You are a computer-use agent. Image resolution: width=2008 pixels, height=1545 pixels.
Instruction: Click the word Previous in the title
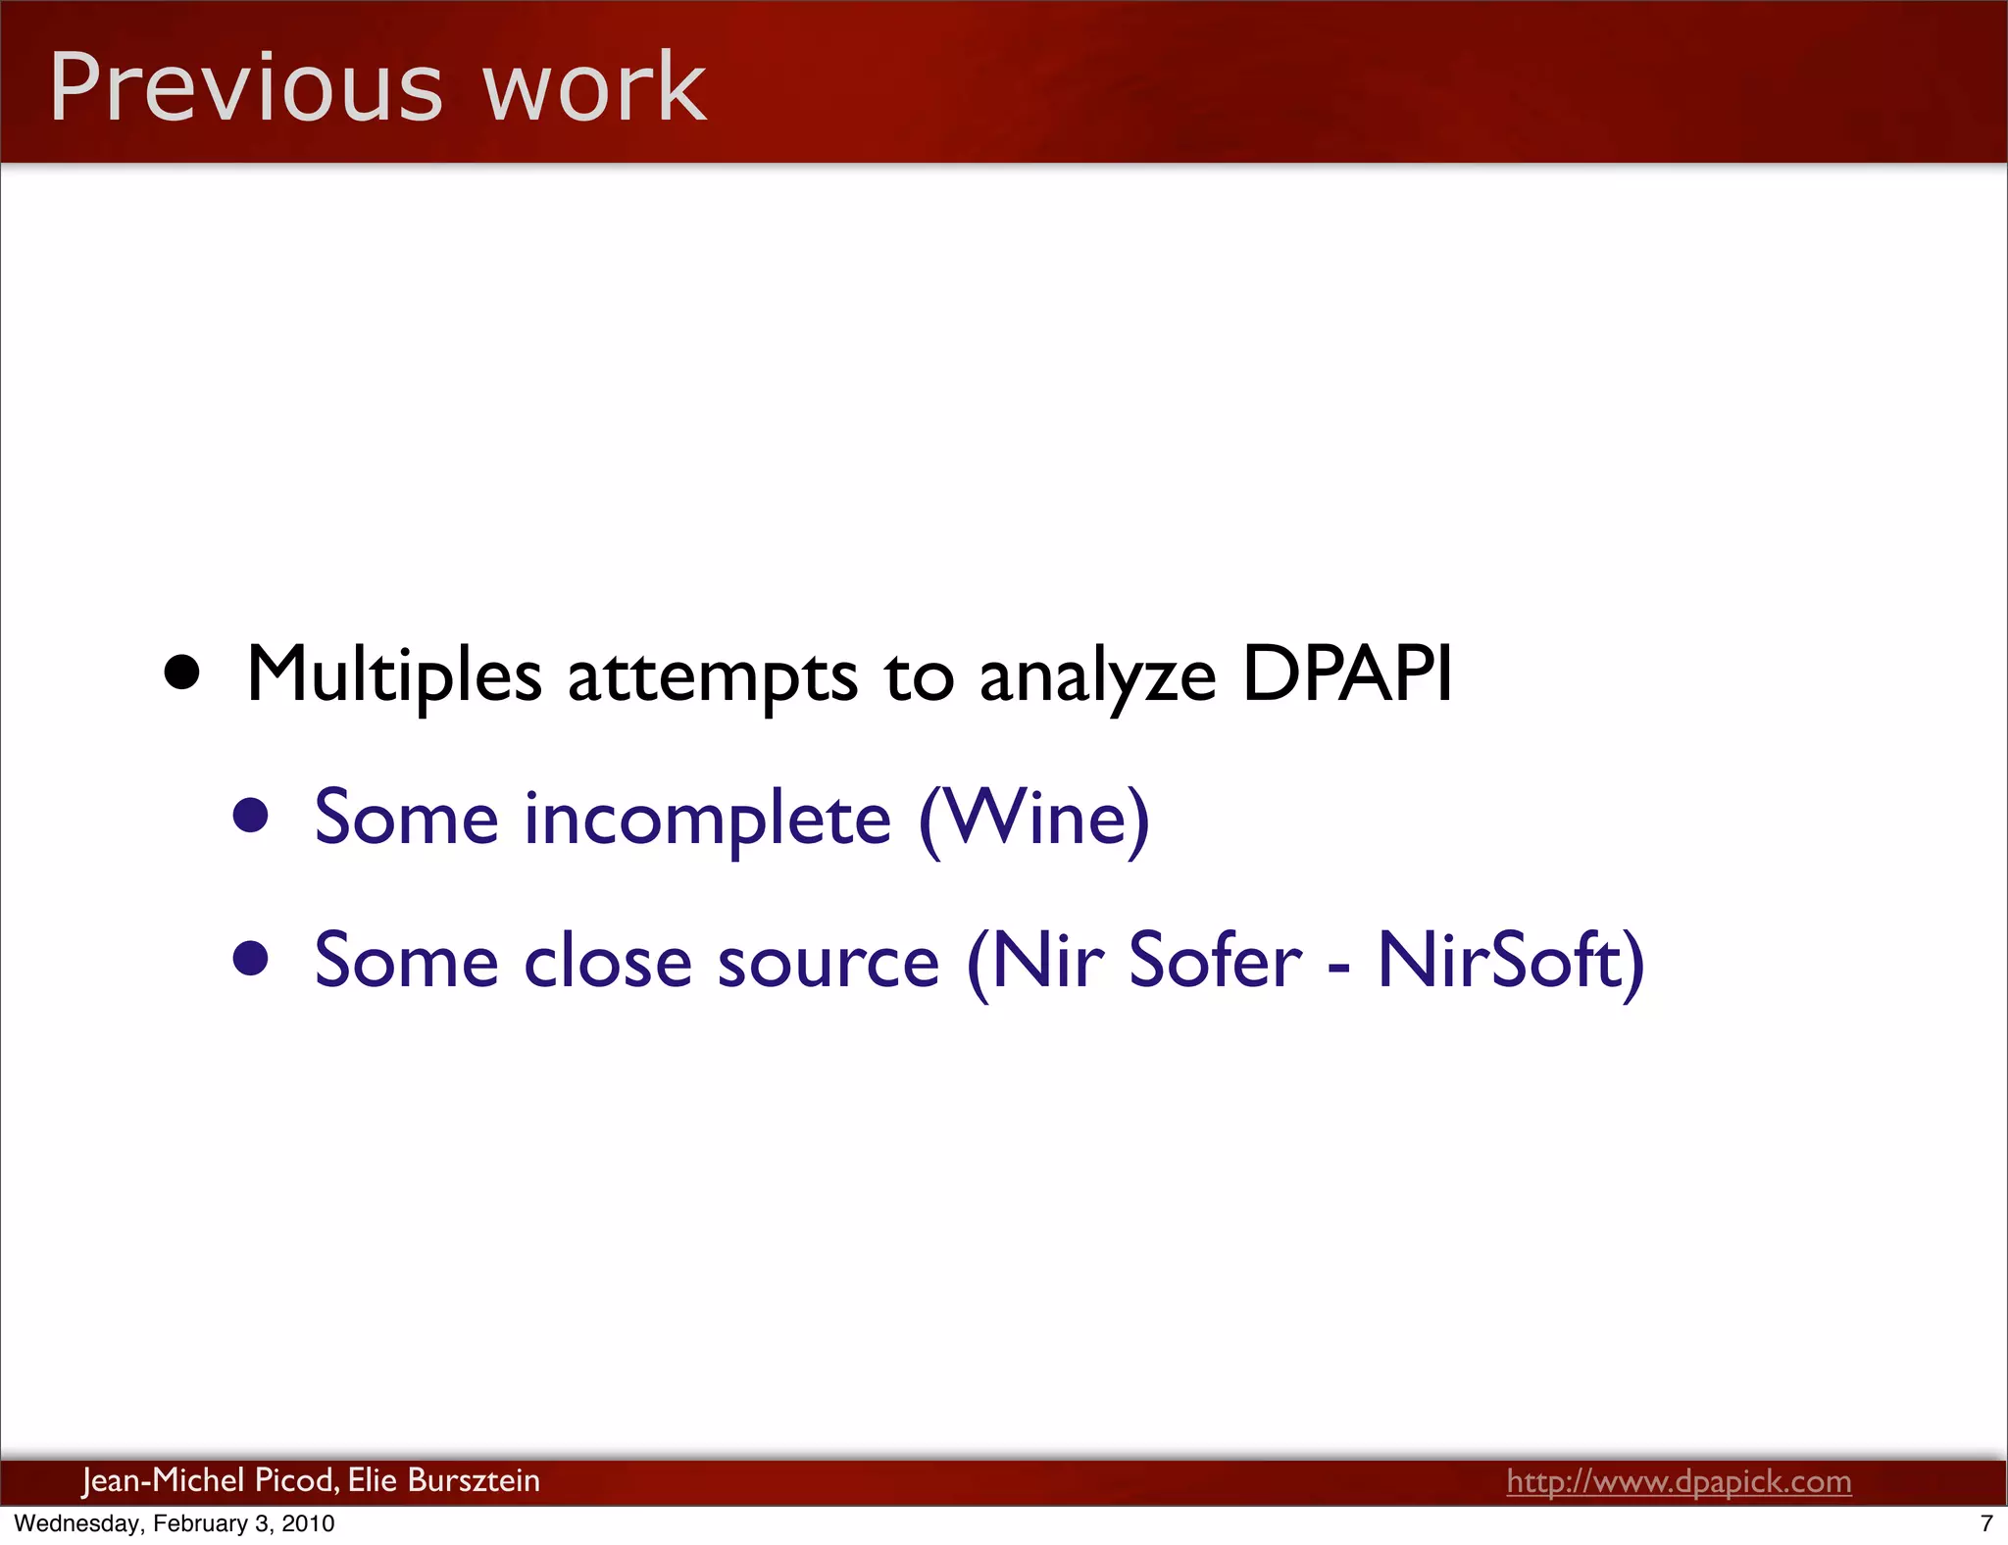tap(245, 88)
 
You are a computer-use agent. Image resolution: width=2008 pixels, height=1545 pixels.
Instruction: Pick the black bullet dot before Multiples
tap(182, 673)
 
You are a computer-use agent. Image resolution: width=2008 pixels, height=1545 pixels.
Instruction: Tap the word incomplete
tap(707, 818)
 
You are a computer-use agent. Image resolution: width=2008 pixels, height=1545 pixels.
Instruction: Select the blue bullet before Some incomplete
tap(251, 816)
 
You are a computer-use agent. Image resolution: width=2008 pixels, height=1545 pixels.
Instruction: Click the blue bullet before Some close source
tap(251, 960)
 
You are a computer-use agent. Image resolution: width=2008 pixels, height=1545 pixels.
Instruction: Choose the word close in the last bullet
tap(608, 961)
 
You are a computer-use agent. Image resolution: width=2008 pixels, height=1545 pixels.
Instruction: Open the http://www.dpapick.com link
tap(1679, 1480)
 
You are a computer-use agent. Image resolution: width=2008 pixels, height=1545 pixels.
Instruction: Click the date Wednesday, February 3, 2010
tap(175, 1523)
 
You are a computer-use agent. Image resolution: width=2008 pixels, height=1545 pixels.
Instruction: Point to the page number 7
tap(1986, 1523)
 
